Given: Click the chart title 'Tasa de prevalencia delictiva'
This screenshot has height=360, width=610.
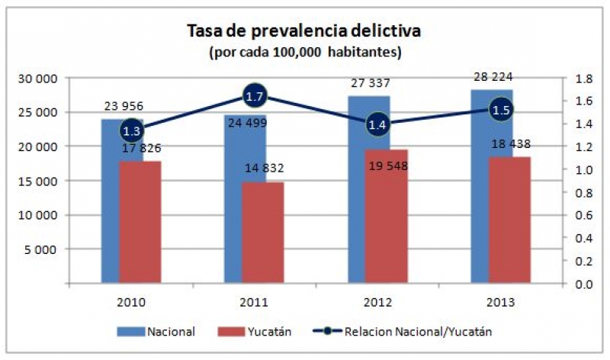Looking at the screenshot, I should click(304, 31).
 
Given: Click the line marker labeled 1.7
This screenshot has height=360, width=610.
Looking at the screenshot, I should click(255, 95).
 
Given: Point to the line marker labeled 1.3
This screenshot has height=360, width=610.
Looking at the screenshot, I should click(131, 130).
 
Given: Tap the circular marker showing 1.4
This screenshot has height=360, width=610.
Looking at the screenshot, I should click(377, 124).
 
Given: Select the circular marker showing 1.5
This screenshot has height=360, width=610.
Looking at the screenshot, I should click(500, 110).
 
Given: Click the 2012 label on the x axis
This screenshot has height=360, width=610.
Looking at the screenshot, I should click(377, 301).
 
